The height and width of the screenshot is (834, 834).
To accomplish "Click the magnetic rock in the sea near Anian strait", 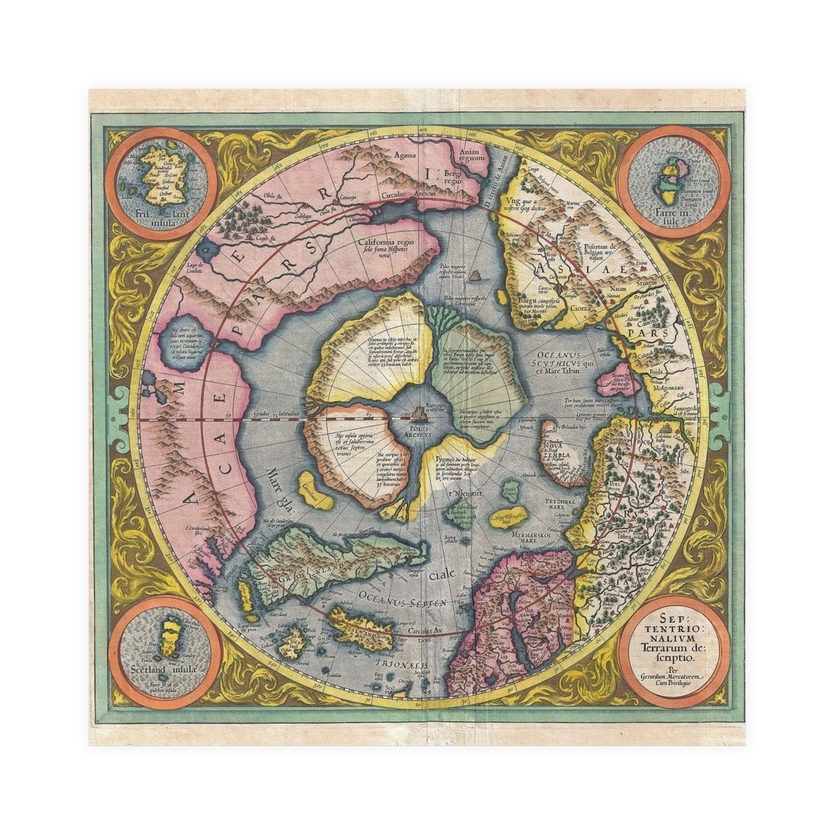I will [x=476, y=275].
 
